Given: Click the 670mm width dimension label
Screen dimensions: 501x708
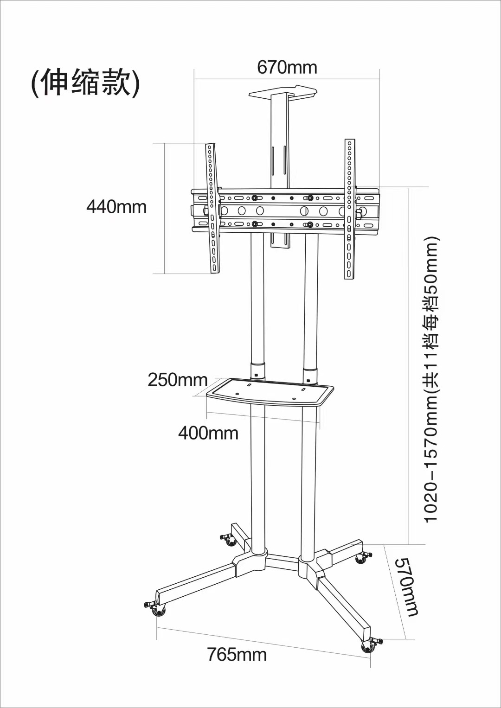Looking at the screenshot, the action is (287, 68).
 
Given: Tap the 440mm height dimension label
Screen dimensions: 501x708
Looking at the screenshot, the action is (116, 207).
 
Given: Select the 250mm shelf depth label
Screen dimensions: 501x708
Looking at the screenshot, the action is (177, 380).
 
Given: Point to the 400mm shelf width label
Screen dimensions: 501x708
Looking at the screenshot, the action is (208, 434).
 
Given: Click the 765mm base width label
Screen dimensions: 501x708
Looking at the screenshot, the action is (237, 655).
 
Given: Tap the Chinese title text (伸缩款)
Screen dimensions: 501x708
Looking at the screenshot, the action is (85, 83).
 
